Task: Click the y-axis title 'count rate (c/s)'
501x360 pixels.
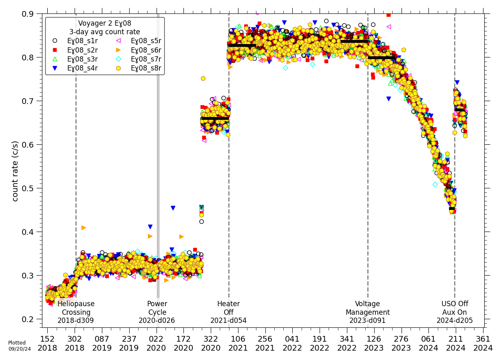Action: [x=15, y=171]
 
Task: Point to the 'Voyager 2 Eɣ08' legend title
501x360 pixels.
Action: [x=104, y=24]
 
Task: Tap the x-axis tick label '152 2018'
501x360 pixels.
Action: [x=47, y=343]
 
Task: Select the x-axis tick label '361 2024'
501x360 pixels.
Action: [x=483, y=343]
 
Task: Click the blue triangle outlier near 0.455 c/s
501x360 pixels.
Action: [x=173, y=208]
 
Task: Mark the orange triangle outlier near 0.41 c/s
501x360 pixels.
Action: [x=84, y=227]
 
